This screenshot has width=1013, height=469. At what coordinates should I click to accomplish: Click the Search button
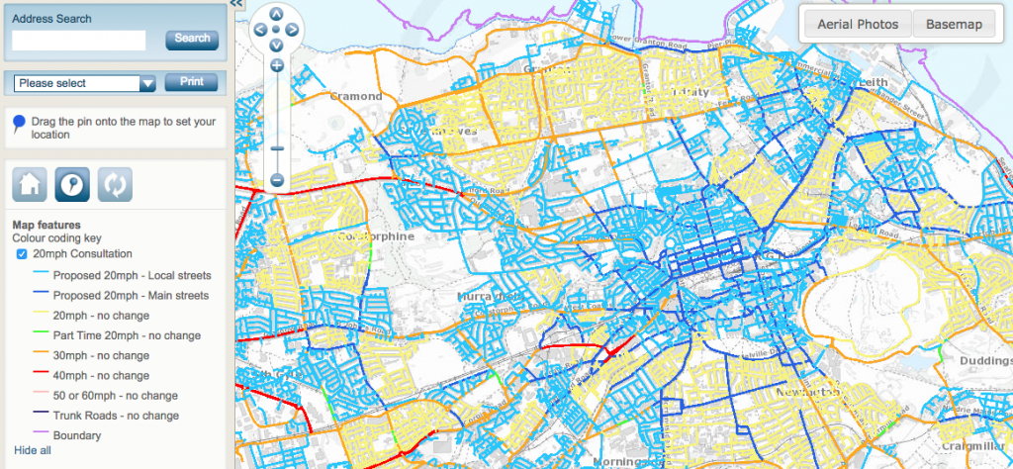[x=192, y=39]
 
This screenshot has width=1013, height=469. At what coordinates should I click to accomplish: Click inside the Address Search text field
[x=78, y=40]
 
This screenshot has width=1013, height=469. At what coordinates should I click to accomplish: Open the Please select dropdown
[x=86, y=83]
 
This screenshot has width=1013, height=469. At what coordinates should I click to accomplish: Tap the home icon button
[x=29, y=184]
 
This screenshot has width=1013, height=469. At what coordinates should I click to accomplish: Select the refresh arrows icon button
[x=115, y=184]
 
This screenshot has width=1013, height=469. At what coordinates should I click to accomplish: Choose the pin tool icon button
[x=71, y=184]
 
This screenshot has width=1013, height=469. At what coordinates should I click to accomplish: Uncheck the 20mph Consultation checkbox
[x=22, y=254]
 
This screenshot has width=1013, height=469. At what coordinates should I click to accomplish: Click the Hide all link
[x=32, y=450]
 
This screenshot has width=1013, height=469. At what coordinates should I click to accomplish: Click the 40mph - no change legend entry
[x=101, y=375]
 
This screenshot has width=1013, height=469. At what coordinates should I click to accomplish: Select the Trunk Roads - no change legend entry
[x=116, y=416]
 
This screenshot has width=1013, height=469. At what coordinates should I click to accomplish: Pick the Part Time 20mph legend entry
[x=115, y=335]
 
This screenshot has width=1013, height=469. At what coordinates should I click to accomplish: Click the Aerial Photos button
[x=857, y=25]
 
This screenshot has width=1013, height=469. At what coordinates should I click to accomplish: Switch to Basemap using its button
[x=954, y=25]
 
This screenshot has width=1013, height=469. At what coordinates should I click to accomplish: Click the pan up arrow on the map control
[x=276, y=14]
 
